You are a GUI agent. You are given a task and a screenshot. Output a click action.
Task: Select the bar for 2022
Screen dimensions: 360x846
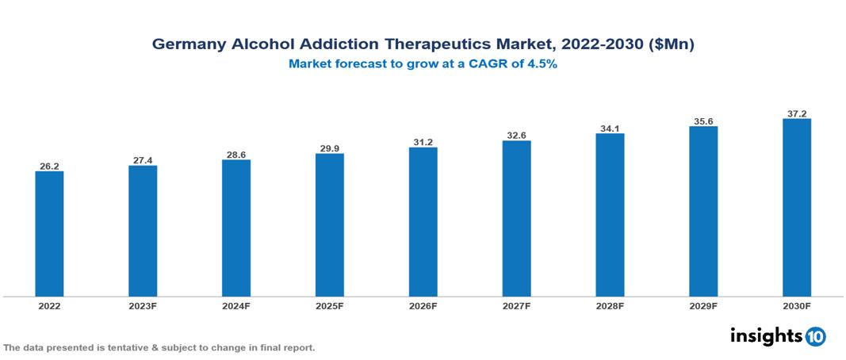(49, 234)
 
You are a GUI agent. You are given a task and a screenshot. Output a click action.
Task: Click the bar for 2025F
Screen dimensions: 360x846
(329, 225)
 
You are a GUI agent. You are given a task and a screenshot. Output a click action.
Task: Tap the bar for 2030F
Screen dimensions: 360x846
(796, 208)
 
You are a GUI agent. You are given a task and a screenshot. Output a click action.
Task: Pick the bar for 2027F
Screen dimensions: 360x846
(516, 219)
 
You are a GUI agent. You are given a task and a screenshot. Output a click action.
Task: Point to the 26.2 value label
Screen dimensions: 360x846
(49, 167)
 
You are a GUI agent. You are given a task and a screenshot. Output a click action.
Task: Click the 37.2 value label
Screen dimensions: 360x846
(796, 113)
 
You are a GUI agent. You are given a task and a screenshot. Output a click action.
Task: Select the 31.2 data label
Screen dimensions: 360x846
(423, 142)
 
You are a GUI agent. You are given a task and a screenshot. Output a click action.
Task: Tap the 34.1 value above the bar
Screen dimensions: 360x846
(610, 128)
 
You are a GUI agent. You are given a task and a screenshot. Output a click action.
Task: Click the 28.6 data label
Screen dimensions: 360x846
(236, 155)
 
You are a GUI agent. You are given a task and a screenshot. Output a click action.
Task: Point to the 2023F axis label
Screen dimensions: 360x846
(143, 305)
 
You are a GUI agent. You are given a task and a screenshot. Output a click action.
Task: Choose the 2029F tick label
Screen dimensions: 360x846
(702, 305)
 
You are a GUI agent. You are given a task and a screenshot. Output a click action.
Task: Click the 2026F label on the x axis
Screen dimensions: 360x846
(423, 305)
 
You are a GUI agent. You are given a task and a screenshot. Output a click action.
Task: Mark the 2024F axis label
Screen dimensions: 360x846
(236, 305)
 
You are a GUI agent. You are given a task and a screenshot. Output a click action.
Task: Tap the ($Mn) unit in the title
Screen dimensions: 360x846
(671, 45)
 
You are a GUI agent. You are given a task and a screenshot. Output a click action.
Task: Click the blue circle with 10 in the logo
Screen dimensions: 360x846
(816, 336)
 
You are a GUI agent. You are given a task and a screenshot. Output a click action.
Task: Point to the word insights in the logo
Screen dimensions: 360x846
(766, 335)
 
